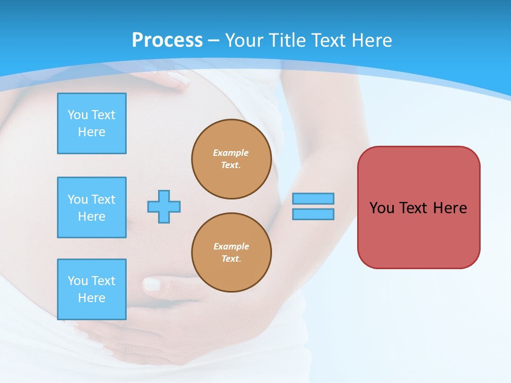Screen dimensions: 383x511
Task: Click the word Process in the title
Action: [167, 40]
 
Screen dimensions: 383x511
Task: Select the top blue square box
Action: [92, 123]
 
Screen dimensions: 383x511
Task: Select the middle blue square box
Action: [92, 207]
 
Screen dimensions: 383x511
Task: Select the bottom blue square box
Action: [92, 289]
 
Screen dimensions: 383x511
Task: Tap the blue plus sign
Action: [164, 206]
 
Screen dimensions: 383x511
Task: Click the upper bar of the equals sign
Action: [313, 198]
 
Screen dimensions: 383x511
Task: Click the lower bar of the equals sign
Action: [313, 214]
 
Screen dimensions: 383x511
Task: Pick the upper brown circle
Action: [232, 159]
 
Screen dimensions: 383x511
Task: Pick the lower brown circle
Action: [232, 253]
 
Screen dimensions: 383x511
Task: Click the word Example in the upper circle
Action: [230, 153]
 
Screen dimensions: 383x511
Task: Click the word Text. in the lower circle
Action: [231, 259]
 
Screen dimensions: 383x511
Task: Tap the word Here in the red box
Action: [450, 208]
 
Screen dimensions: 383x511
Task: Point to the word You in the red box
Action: [381, 208]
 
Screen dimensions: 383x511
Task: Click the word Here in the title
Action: [373, 40]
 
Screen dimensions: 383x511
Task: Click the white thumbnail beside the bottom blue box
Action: [152, 285]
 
